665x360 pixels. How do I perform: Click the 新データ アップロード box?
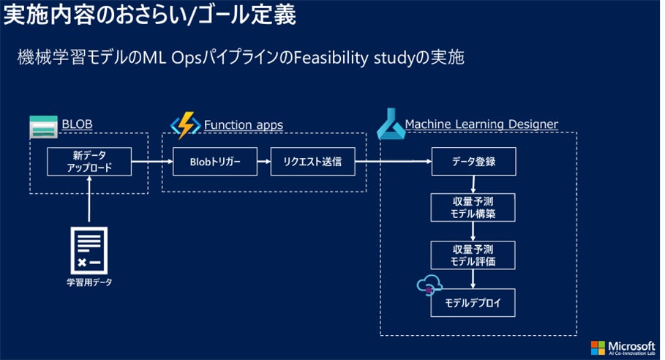click(89, 162)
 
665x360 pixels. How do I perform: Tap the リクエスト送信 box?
click(312, 162)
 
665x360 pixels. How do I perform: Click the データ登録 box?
click(473, 162)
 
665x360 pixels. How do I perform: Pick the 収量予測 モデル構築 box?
click(473, 209)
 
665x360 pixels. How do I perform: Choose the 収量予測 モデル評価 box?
click(473, 255)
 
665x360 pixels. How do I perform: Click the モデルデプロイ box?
click(473, 301)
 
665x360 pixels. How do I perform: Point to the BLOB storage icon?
click(44, 127)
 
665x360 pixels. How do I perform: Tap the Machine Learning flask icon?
click(390, 125)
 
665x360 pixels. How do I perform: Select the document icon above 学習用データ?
click(89, 248)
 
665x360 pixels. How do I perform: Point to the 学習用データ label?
click(89, 282)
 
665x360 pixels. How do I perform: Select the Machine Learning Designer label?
click(481, 124)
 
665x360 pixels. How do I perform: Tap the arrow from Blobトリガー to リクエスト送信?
click(263, 162)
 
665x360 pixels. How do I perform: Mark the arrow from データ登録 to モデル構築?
click(473, 185)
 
